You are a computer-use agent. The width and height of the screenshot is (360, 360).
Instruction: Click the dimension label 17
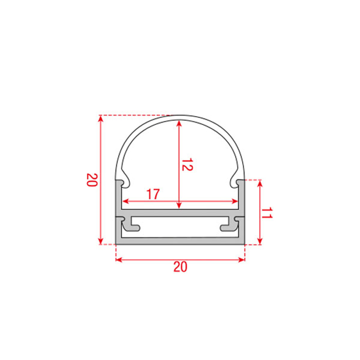[x=153, y=194]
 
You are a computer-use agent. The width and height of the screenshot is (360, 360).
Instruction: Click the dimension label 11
[x=267, y=213]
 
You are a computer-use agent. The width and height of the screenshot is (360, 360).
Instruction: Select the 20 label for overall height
[x=92, y=180]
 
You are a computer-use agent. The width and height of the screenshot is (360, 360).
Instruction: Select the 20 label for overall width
[x=180, y=267]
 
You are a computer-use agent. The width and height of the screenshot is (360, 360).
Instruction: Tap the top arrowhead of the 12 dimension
[x=179, y=123]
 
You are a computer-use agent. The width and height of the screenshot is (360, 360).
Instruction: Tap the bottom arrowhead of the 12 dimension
[x=179, y=206]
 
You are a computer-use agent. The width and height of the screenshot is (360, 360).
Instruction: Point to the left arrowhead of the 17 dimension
[x=125, y=202]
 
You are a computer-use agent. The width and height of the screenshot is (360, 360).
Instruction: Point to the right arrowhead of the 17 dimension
[x=235, y=202]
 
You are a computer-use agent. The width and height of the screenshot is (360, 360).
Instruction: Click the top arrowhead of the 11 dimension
[x=260, y=184]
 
